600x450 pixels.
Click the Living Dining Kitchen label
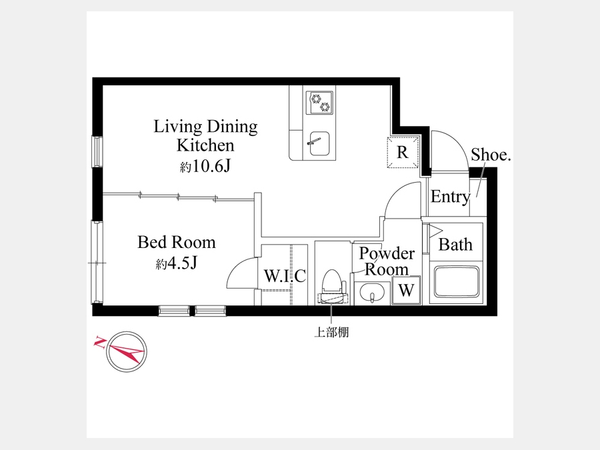point(205,136)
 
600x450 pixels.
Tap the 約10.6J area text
point(205,166)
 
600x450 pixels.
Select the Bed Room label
point(177,242)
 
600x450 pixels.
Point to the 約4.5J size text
point(176,263)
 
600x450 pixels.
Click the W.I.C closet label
point(285,275)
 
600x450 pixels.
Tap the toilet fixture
point(332,286)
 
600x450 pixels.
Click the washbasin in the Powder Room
point(372,293)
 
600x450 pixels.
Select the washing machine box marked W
point(406,290)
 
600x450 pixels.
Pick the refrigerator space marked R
point(403,152)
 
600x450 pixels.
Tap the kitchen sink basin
point(319,143)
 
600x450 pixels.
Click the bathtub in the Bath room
point(456,283)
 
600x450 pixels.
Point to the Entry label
point(451,197)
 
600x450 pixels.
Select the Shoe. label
point(491,155)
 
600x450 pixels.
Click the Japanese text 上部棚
point(331,332)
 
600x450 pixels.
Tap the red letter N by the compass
point(100,342)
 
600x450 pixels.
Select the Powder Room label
point(387,261)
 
